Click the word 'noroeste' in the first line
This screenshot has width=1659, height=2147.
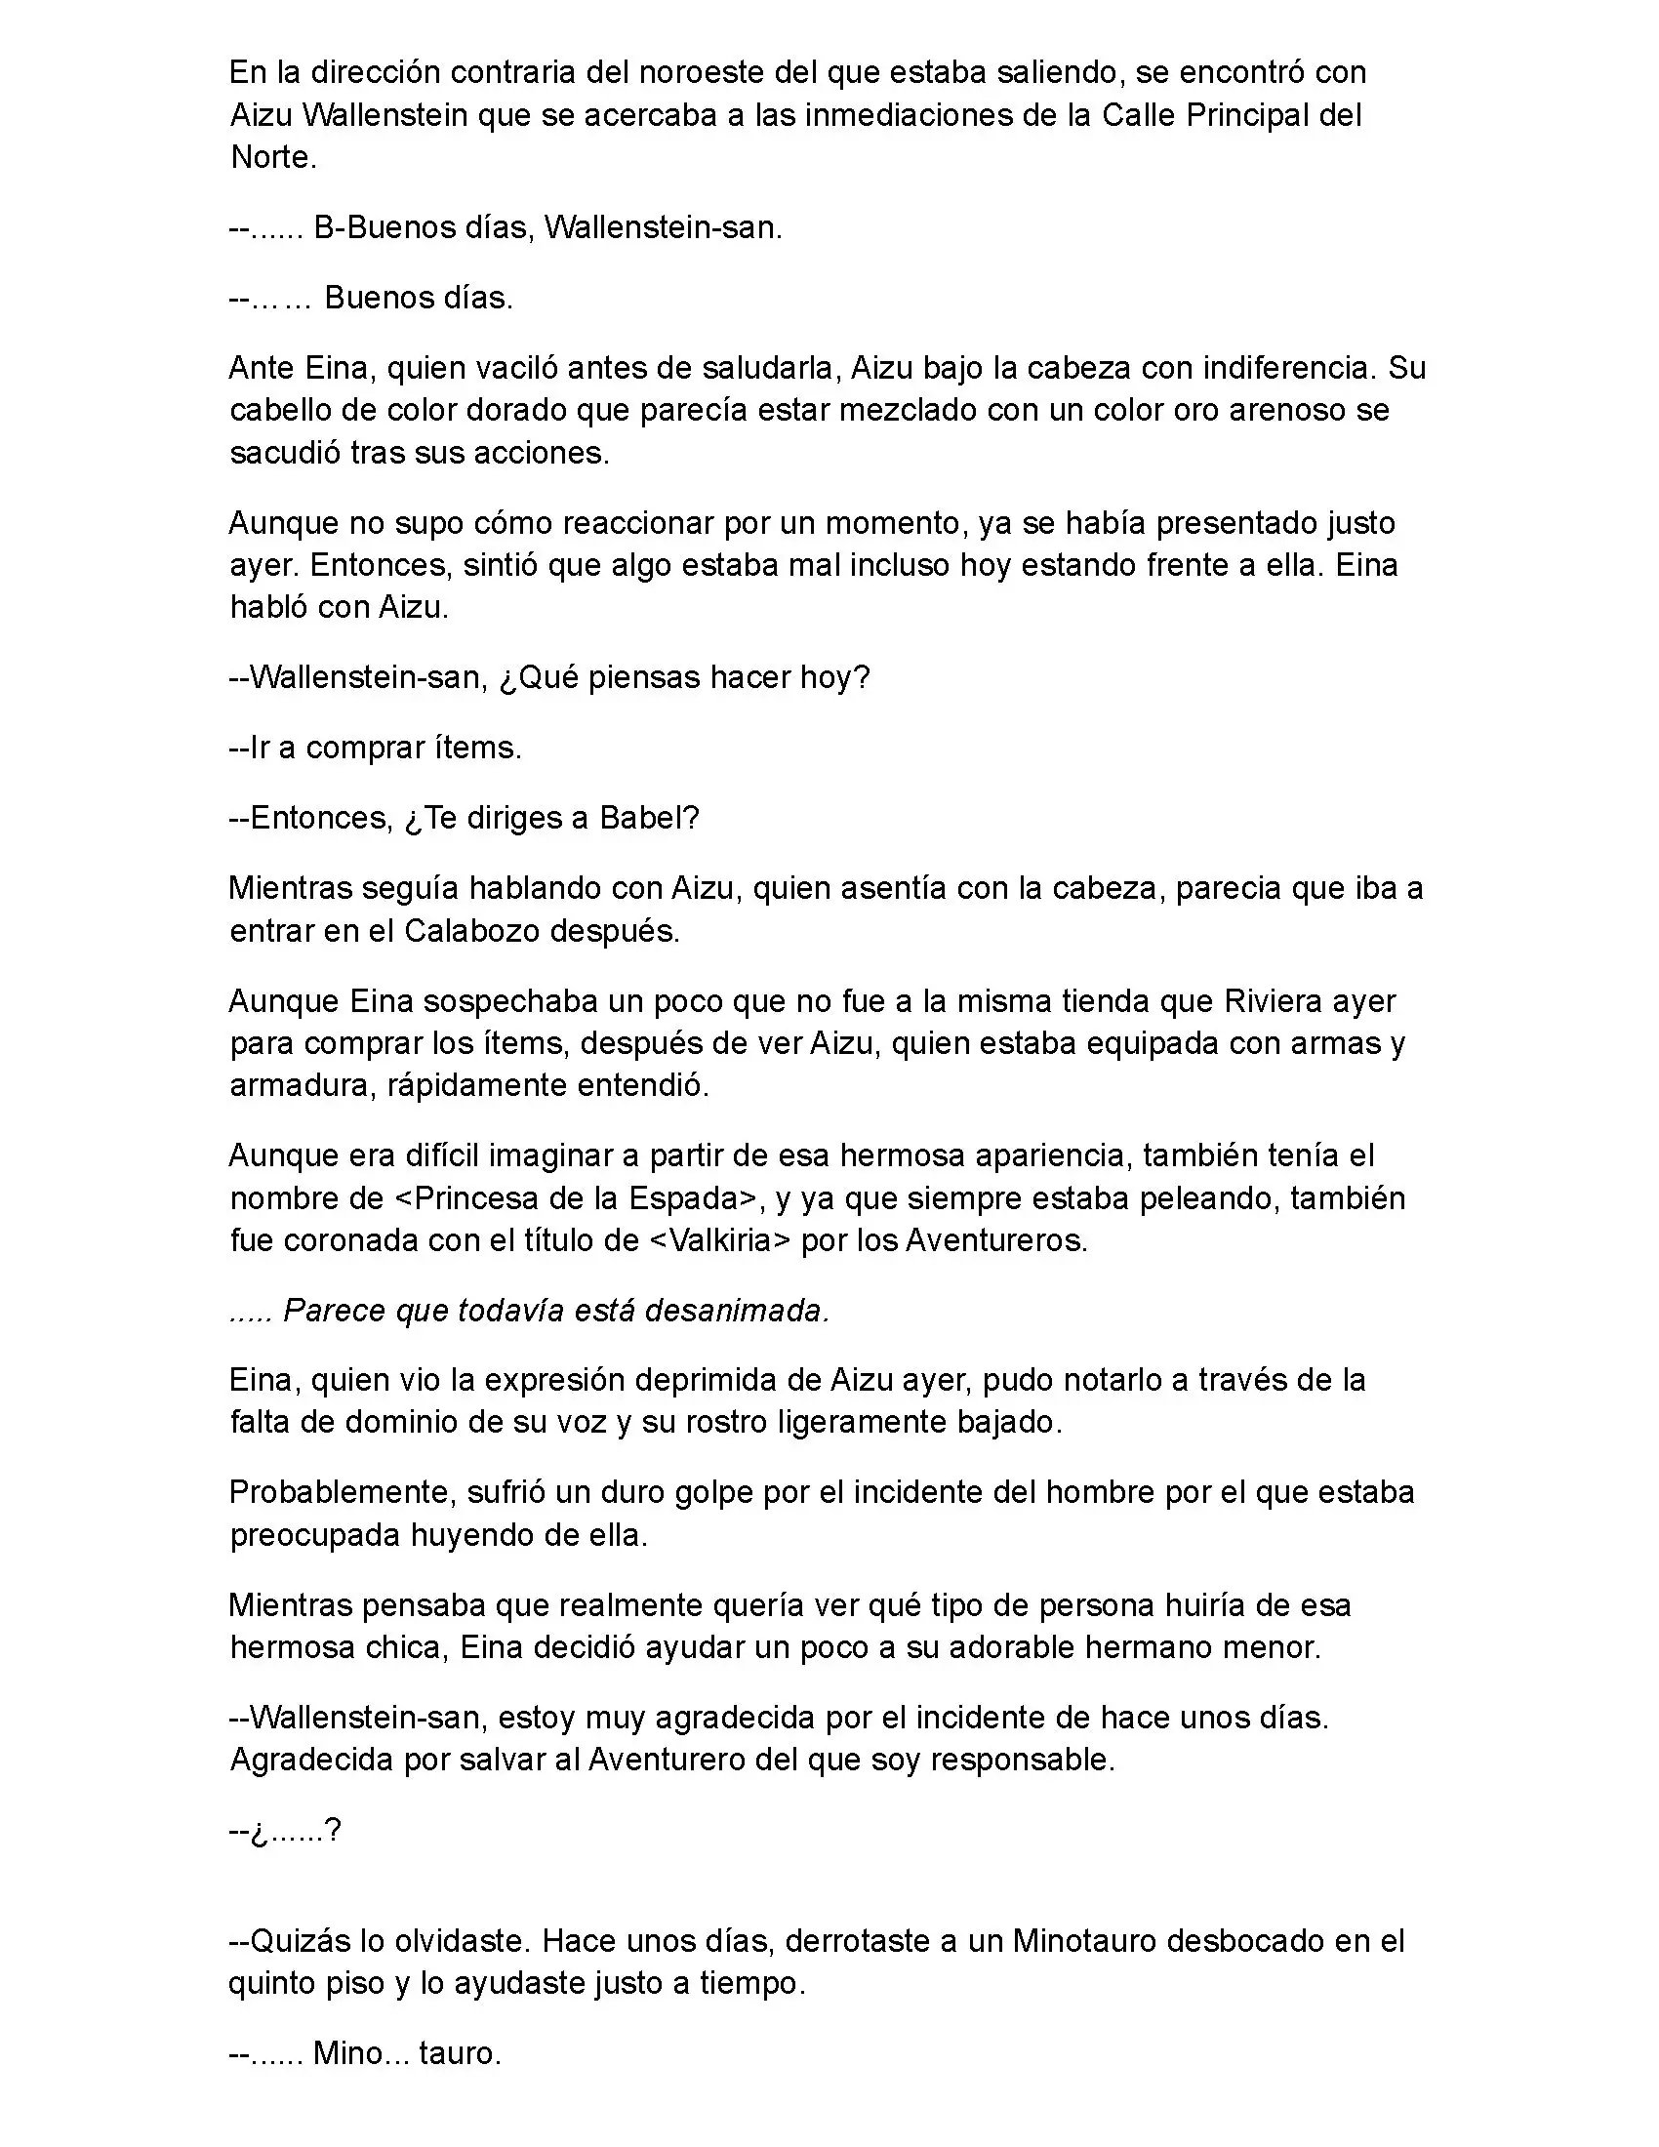click(701, 73)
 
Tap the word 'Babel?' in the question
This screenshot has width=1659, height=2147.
click(649, 818)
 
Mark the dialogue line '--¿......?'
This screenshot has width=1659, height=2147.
click(284, 1830)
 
